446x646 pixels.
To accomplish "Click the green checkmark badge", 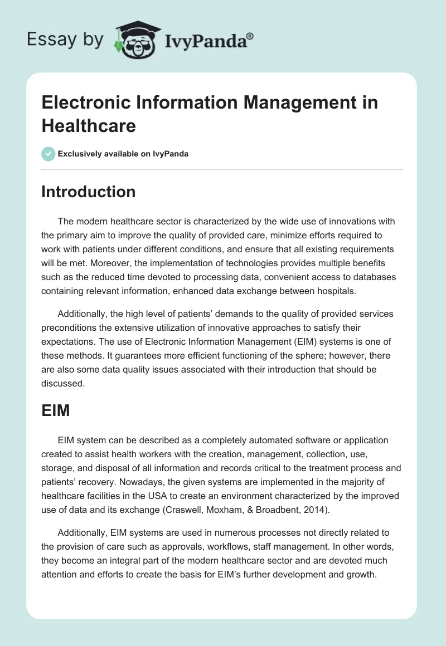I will [49, 154].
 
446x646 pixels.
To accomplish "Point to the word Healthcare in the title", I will [89, 125].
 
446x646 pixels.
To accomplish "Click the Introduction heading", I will [89, 192].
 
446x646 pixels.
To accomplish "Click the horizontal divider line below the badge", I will [222, 169].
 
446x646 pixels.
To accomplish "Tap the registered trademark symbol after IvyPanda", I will [250, 35].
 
